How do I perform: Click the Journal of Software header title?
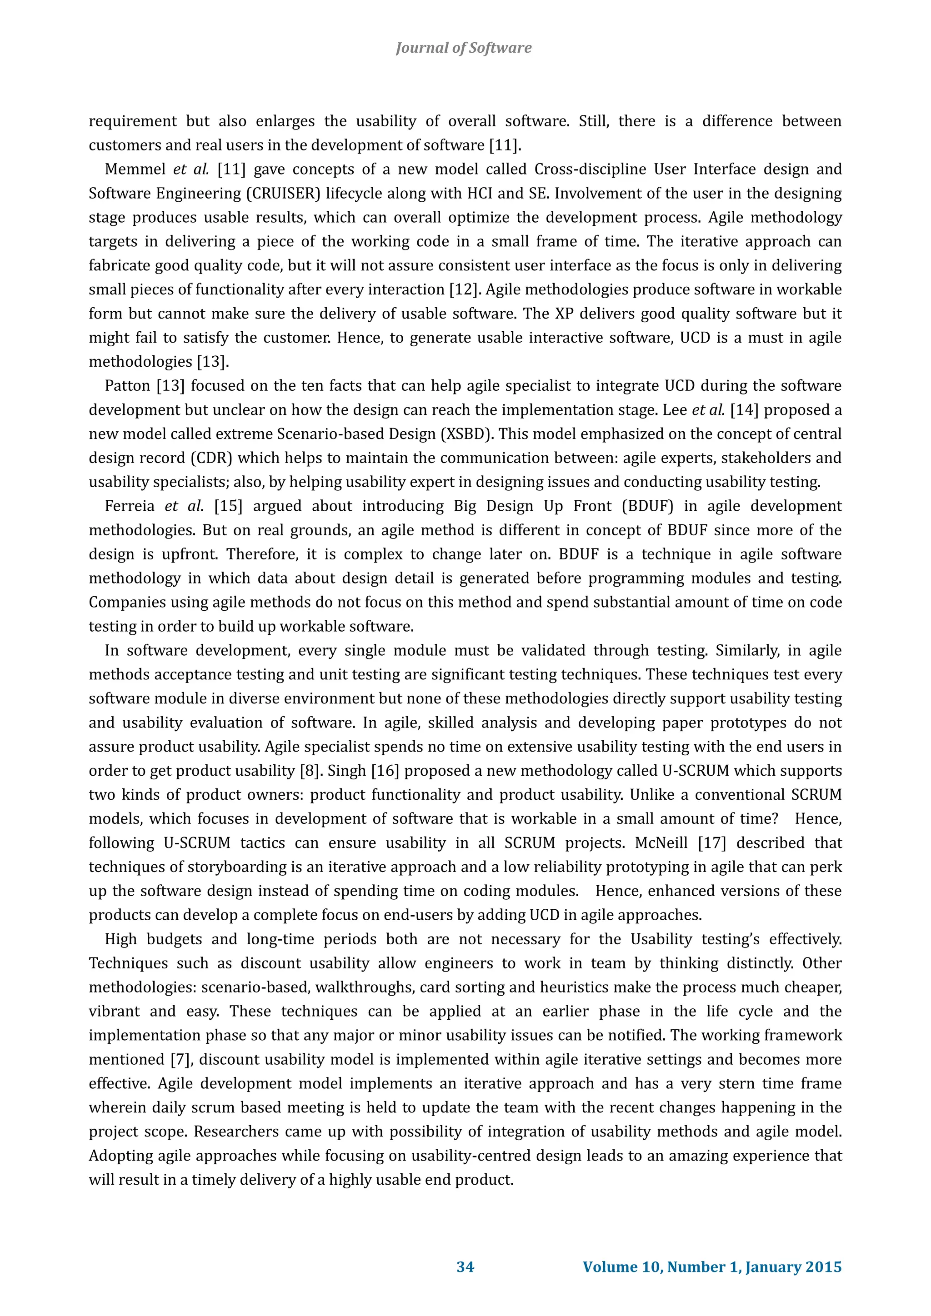point(463,48)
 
